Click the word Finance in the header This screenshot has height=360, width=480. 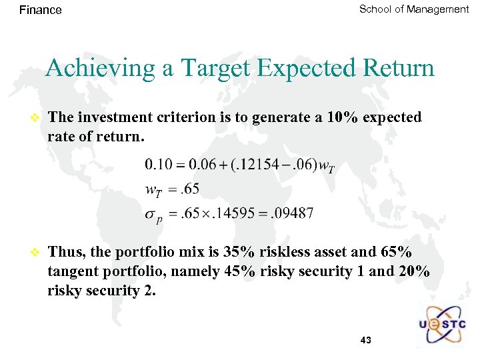point(41,10)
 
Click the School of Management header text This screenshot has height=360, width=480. point(414,9)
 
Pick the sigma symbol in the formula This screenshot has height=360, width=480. point(151,215)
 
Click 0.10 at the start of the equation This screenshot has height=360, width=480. point(158,164)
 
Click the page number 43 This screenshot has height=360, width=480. point(365,341)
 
